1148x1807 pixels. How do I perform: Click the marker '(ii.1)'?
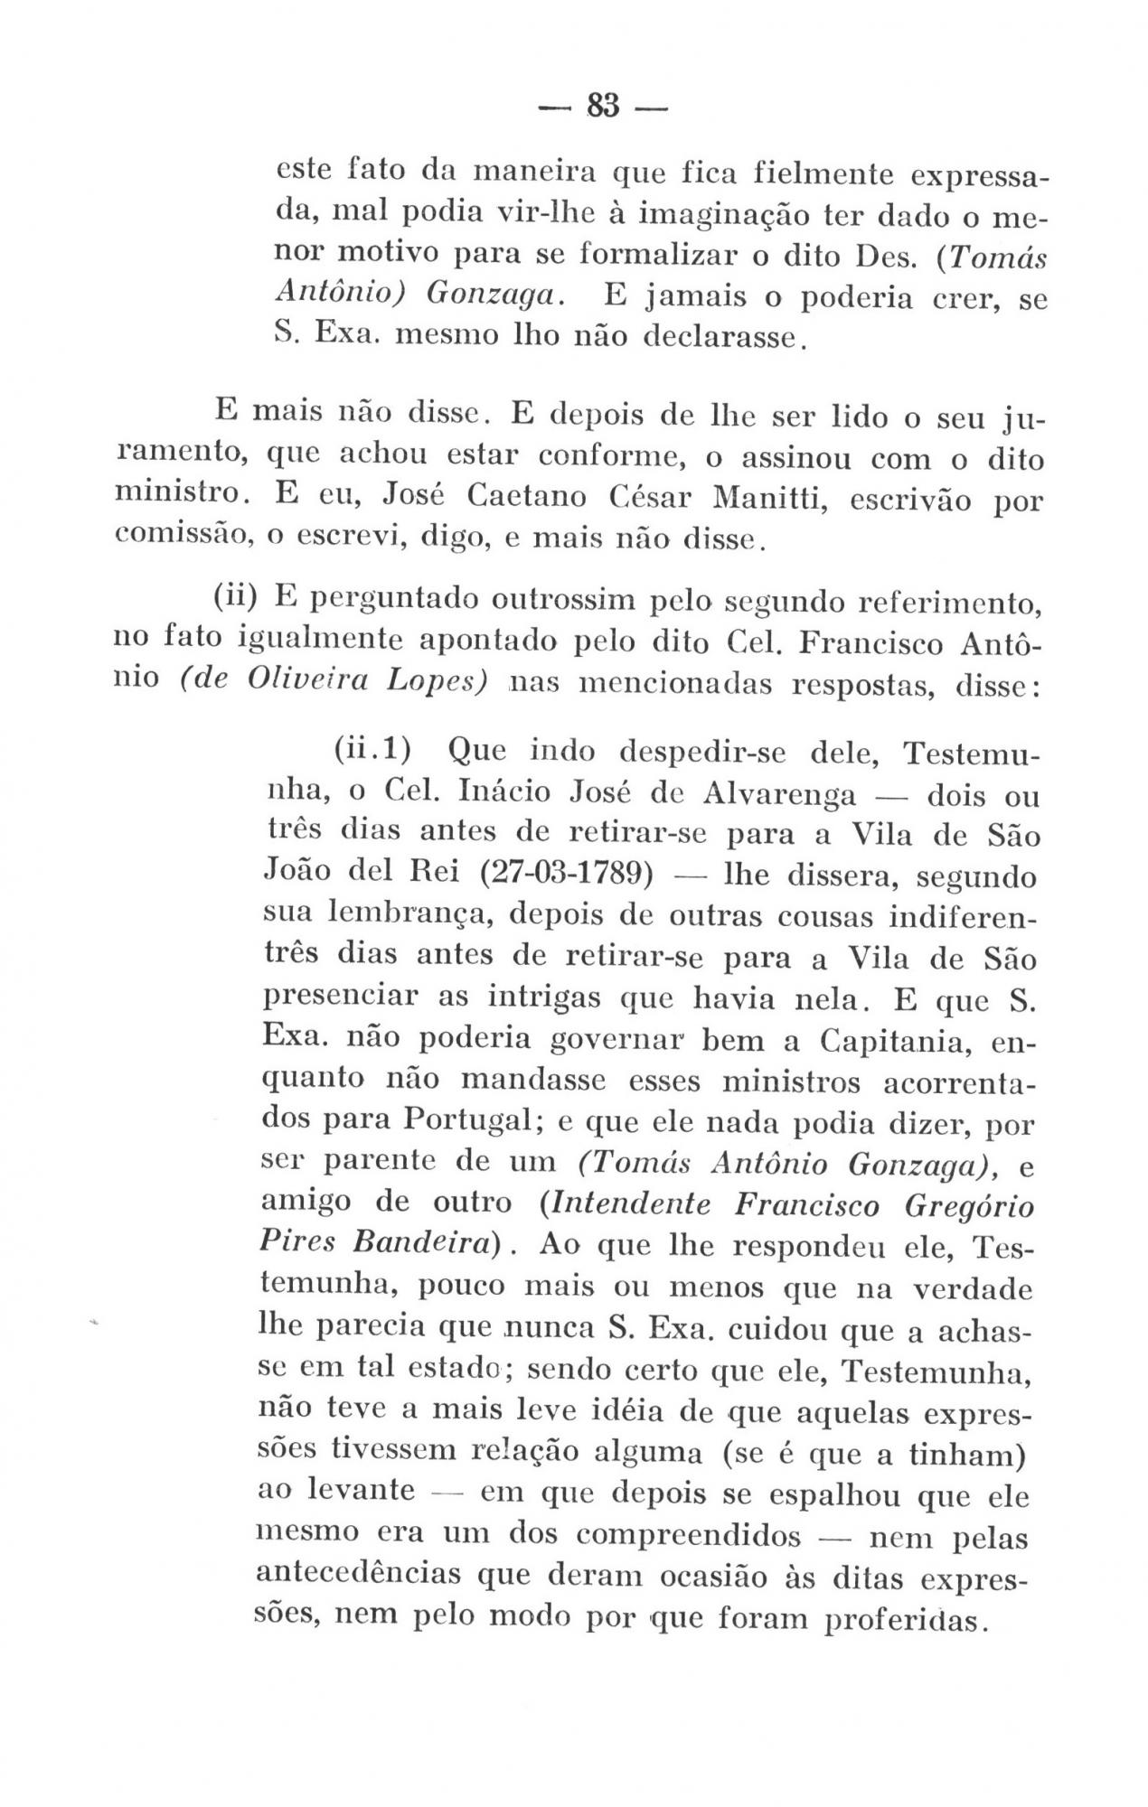[372, 750]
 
